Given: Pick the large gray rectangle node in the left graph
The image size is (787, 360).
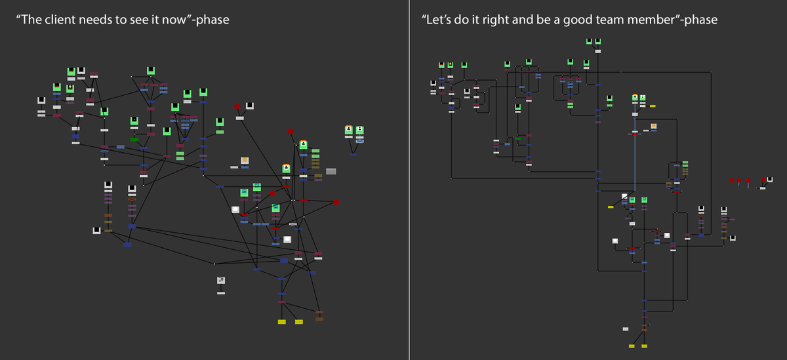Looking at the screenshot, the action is click(331, 171).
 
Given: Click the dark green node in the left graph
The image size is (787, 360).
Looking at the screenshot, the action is click(134, 140).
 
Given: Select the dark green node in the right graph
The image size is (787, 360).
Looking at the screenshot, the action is click(517, 138).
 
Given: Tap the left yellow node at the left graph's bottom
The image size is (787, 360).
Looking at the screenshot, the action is click(282, 322).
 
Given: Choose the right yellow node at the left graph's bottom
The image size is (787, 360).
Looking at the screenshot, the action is click(299, 322).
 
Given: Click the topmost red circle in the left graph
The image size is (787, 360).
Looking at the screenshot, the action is click(237, 106).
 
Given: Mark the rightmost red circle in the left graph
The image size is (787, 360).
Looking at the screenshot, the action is click(336, 202).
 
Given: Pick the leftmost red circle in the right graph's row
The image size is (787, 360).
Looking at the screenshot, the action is click(732, 180).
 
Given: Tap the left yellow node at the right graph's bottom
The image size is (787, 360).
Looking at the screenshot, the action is click(632, 346).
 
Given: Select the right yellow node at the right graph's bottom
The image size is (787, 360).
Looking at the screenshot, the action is click(645, 346).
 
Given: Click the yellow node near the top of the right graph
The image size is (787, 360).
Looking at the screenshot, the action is click(653, 106).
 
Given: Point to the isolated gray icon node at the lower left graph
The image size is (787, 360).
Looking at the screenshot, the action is click(221, 281).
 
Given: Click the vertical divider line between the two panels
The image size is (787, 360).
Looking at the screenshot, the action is click(409, 180).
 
